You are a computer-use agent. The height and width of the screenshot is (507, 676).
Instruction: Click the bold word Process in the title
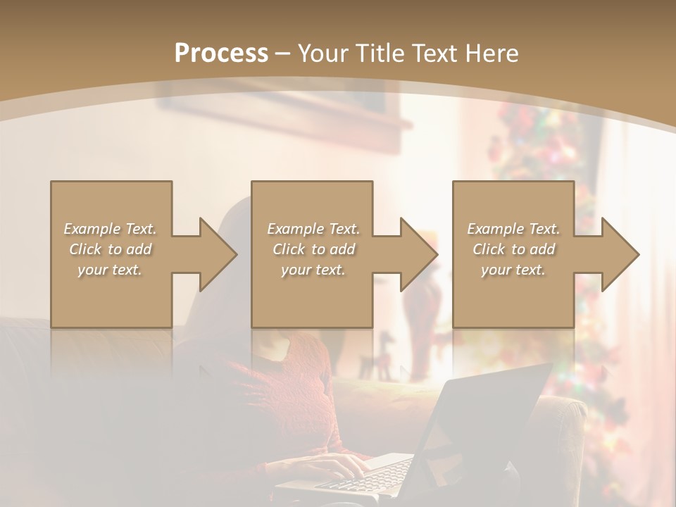point(221,54)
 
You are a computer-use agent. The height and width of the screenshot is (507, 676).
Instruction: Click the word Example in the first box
point(91,229)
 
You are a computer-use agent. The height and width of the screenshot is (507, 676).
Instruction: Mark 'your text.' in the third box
point(513,270)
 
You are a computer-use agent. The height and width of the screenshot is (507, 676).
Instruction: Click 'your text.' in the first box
point(109,270)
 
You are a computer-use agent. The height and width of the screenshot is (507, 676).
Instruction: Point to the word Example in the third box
point(495,229)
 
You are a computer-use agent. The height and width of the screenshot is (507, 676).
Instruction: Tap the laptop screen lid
point(486,423)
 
